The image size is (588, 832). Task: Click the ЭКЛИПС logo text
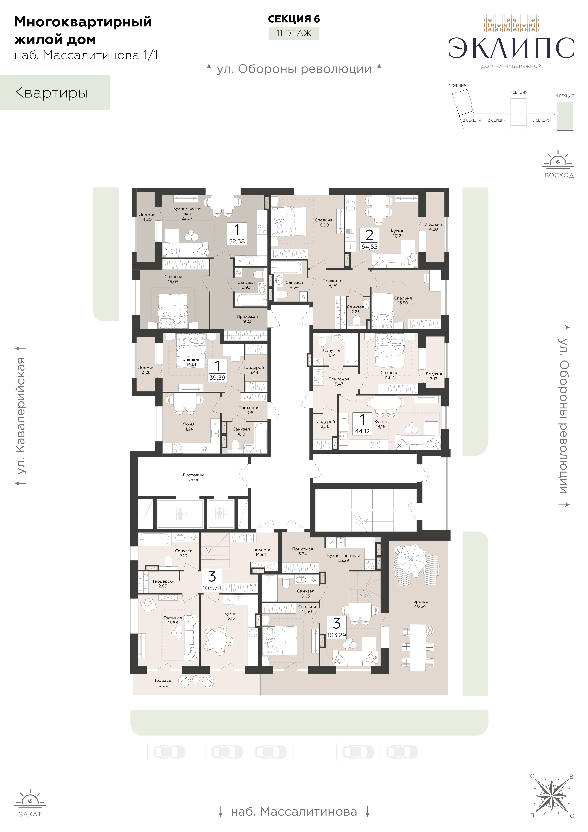511,48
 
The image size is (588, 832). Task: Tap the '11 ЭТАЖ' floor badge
294,33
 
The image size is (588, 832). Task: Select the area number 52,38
237,241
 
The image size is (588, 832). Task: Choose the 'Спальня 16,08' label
323,222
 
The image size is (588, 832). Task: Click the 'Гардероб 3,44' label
254,370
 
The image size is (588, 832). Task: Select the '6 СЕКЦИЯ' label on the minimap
565,96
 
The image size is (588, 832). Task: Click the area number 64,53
369,246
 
